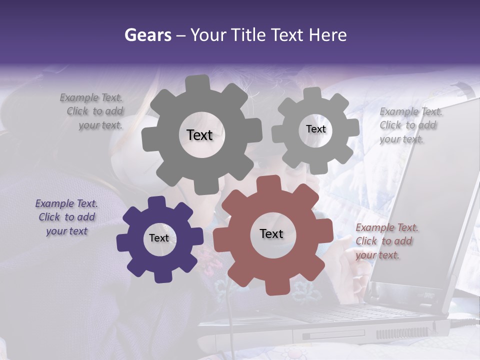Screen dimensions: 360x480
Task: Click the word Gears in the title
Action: tap(147, 35)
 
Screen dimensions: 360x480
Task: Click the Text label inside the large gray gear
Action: tap(199, 135)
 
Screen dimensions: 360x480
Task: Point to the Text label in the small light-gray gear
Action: tap(315, 129)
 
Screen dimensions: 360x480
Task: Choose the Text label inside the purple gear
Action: tap(159, 238)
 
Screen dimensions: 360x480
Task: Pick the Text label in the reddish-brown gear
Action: tap(271, 233)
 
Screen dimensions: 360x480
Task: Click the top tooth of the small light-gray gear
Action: tap(312, 93)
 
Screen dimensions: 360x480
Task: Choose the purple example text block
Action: tap(66, 217)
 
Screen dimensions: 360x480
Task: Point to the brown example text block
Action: tap(386, 241)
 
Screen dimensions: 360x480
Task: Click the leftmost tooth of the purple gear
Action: tap(121, 242)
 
